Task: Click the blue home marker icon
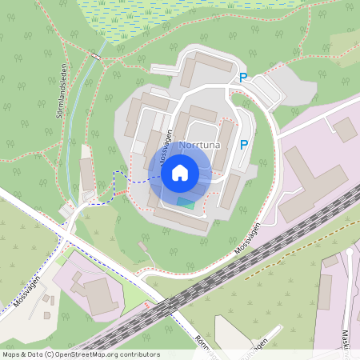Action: pos(179,172)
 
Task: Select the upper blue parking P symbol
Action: pos(244,78)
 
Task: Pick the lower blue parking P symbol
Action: pos(244,145)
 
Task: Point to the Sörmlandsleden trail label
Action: pos(60,94)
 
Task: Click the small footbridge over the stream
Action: pos(96,55)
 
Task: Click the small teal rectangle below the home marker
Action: pos(185,203)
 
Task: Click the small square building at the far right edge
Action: pos(346,130)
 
